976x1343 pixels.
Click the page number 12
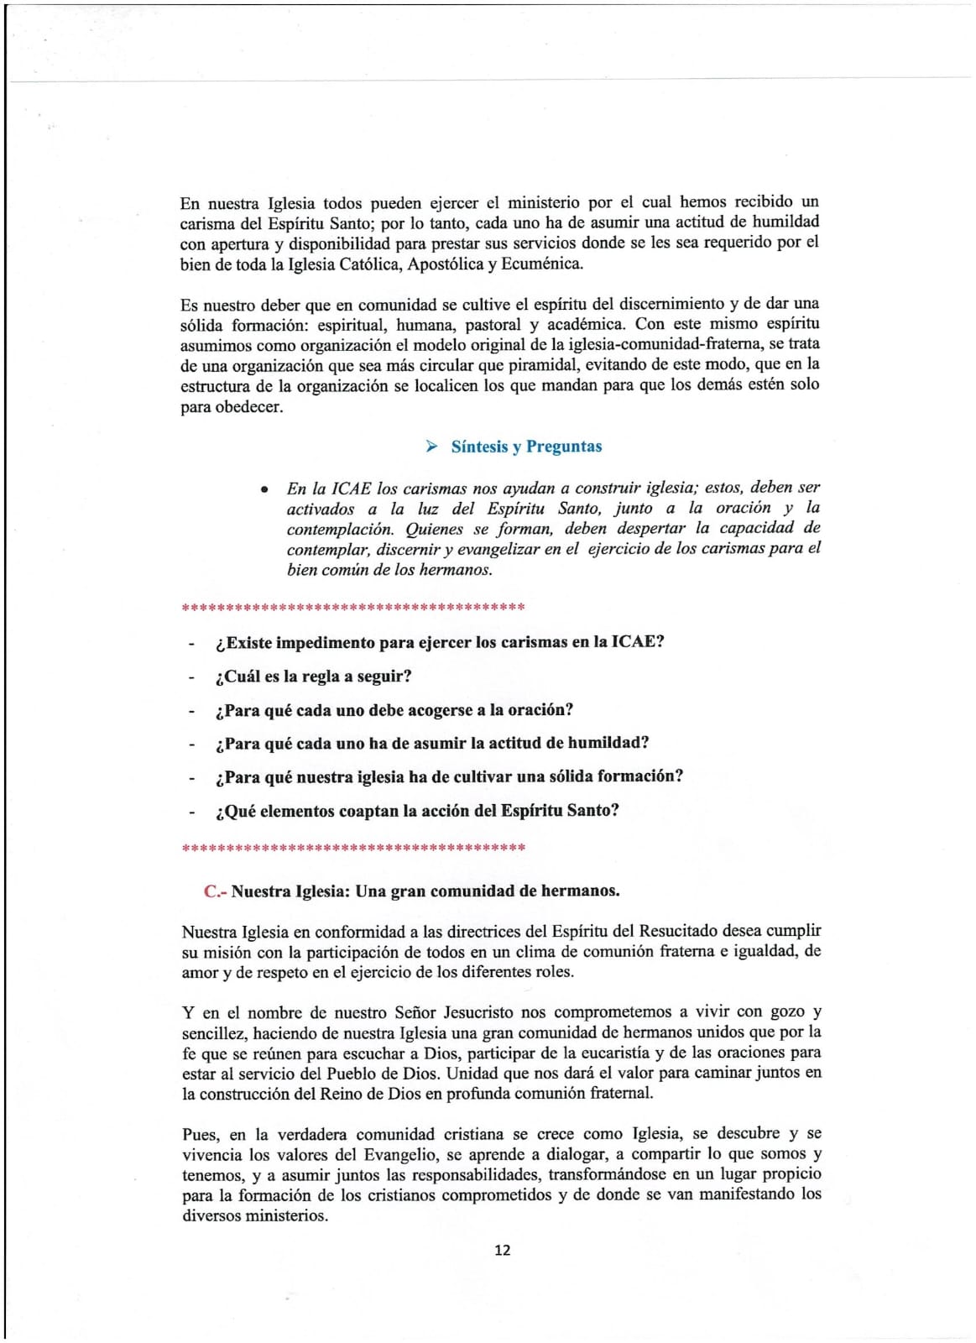(x=502, y=1250)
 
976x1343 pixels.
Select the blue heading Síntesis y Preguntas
(x=526, y=447)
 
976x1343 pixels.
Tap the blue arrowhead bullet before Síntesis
(x=431, y=447)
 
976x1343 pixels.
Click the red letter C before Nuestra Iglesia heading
(x=211, y=891)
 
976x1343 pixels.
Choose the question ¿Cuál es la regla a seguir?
(x=313, y=677)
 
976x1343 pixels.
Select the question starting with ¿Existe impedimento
(x=440, y=643)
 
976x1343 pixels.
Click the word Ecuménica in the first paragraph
(x=541, y=264)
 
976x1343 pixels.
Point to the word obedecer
(x=250, y=407)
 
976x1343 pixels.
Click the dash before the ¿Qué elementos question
(x=191, y=812)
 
